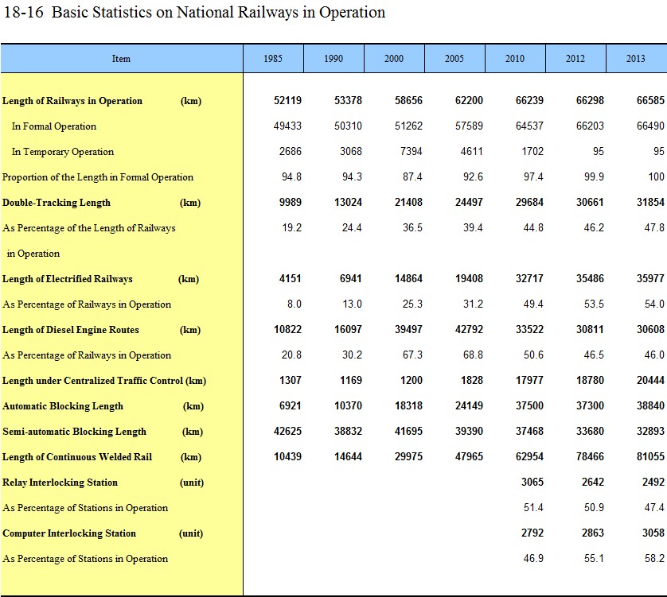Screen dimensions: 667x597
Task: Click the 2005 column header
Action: point(454,59)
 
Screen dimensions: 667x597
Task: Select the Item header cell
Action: point(122,59)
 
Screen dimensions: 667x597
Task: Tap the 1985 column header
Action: point(273,59)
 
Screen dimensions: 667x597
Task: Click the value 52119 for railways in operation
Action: point(287,100)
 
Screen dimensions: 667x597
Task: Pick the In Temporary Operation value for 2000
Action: point(412,151)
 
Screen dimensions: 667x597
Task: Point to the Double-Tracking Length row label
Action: point(57,203)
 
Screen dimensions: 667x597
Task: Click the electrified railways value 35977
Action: point(650,278)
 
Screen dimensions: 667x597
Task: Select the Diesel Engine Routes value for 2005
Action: point(469,329)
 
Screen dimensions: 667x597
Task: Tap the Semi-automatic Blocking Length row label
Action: point(75,432)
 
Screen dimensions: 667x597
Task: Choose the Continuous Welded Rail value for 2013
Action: point(650,456)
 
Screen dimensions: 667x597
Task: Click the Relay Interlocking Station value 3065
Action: point(532,482)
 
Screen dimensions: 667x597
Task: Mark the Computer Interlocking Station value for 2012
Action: point(593,533)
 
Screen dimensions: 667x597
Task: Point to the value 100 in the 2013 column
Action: point(657,176)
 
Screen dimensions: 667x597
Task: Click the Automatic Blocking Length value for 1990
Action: point(349,405)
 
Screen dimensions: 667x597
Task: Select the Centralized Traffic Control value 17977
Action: point(529,380)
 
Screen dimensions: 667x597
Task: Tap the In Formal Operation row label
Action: point(54,126)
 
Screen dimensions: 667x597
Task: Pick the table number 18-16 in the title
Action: point(23,12)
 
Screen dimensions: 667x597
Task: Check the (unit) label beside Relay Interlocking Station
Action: point(192,483)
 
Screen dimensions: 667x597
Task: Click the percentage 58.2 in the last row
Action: point(654,558)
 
